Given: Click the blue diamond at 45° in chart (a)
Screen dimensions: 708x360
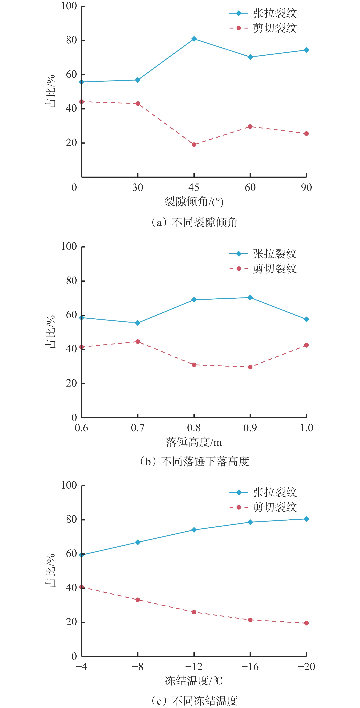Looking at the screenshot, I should coord(194,39).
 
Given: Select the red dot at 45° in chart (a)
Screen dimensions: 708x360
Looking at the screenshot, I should coord(194,145).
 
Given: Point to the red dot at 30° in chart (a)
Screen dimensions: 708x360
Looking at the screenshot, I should coord(138,104).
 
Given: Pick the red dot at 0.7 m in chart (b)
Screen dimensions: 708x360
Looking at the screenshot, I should coord(138,342).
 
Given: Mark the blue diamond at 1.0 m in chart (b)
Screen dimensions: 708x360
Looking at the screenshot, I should coord(306,319).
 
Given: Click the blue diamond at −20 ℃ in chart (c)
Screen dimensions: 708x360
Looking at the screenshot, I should coord(306,519).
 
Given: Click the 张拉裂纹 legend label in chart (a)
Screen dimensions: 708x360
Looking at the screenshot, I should coord(275,13).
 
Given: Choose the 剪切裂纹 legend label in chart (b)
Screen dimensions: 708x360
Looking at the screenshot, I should coord(275,269).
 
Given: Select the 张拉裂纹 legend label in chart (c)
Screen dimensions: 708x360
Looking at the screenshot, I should coord(275,492).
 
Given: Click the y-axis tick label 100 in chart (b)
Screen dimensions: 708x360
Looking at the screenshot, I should coord(69,246).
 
